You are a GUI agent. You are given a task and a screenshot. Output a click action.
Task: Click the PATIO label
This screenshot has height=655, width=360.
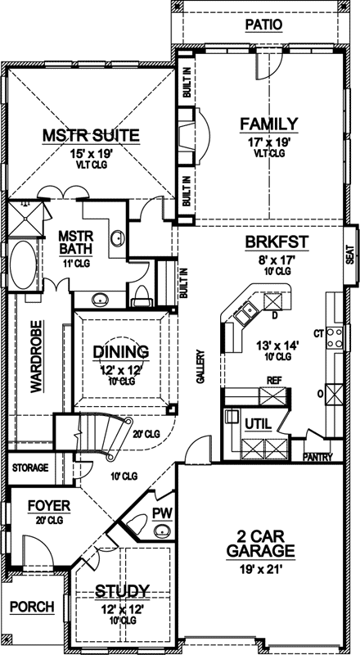click(263, 25)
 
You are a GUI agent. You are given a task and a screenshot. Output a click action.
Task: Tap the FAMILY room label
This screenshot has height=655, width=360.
click(268, 124)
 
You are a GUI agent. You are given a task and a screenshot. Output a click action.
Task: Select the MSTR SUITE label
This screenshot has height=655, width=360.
click(91, 135)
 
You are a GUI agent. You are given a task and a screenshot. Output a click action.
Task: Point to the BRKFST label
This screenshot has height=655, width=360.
click(267, 243)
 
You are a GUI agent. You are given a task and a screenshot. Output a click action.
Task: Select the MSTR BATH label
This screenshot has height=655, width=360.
click(78, 244)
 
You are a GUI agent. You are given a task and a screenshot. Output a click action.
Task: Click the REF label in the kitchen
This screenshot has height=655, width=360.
click(273, 381)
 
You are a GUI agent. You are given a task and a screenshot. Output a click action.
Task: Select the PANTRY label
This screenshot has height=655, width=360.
click(317, 457)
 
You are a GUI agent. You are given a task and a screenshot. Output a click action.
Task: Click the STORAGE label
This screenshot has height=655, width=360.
click(29, 468)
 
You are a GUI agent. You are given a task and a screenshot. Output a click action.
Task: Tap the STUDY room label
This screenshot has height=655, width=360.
click(120, 590)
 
